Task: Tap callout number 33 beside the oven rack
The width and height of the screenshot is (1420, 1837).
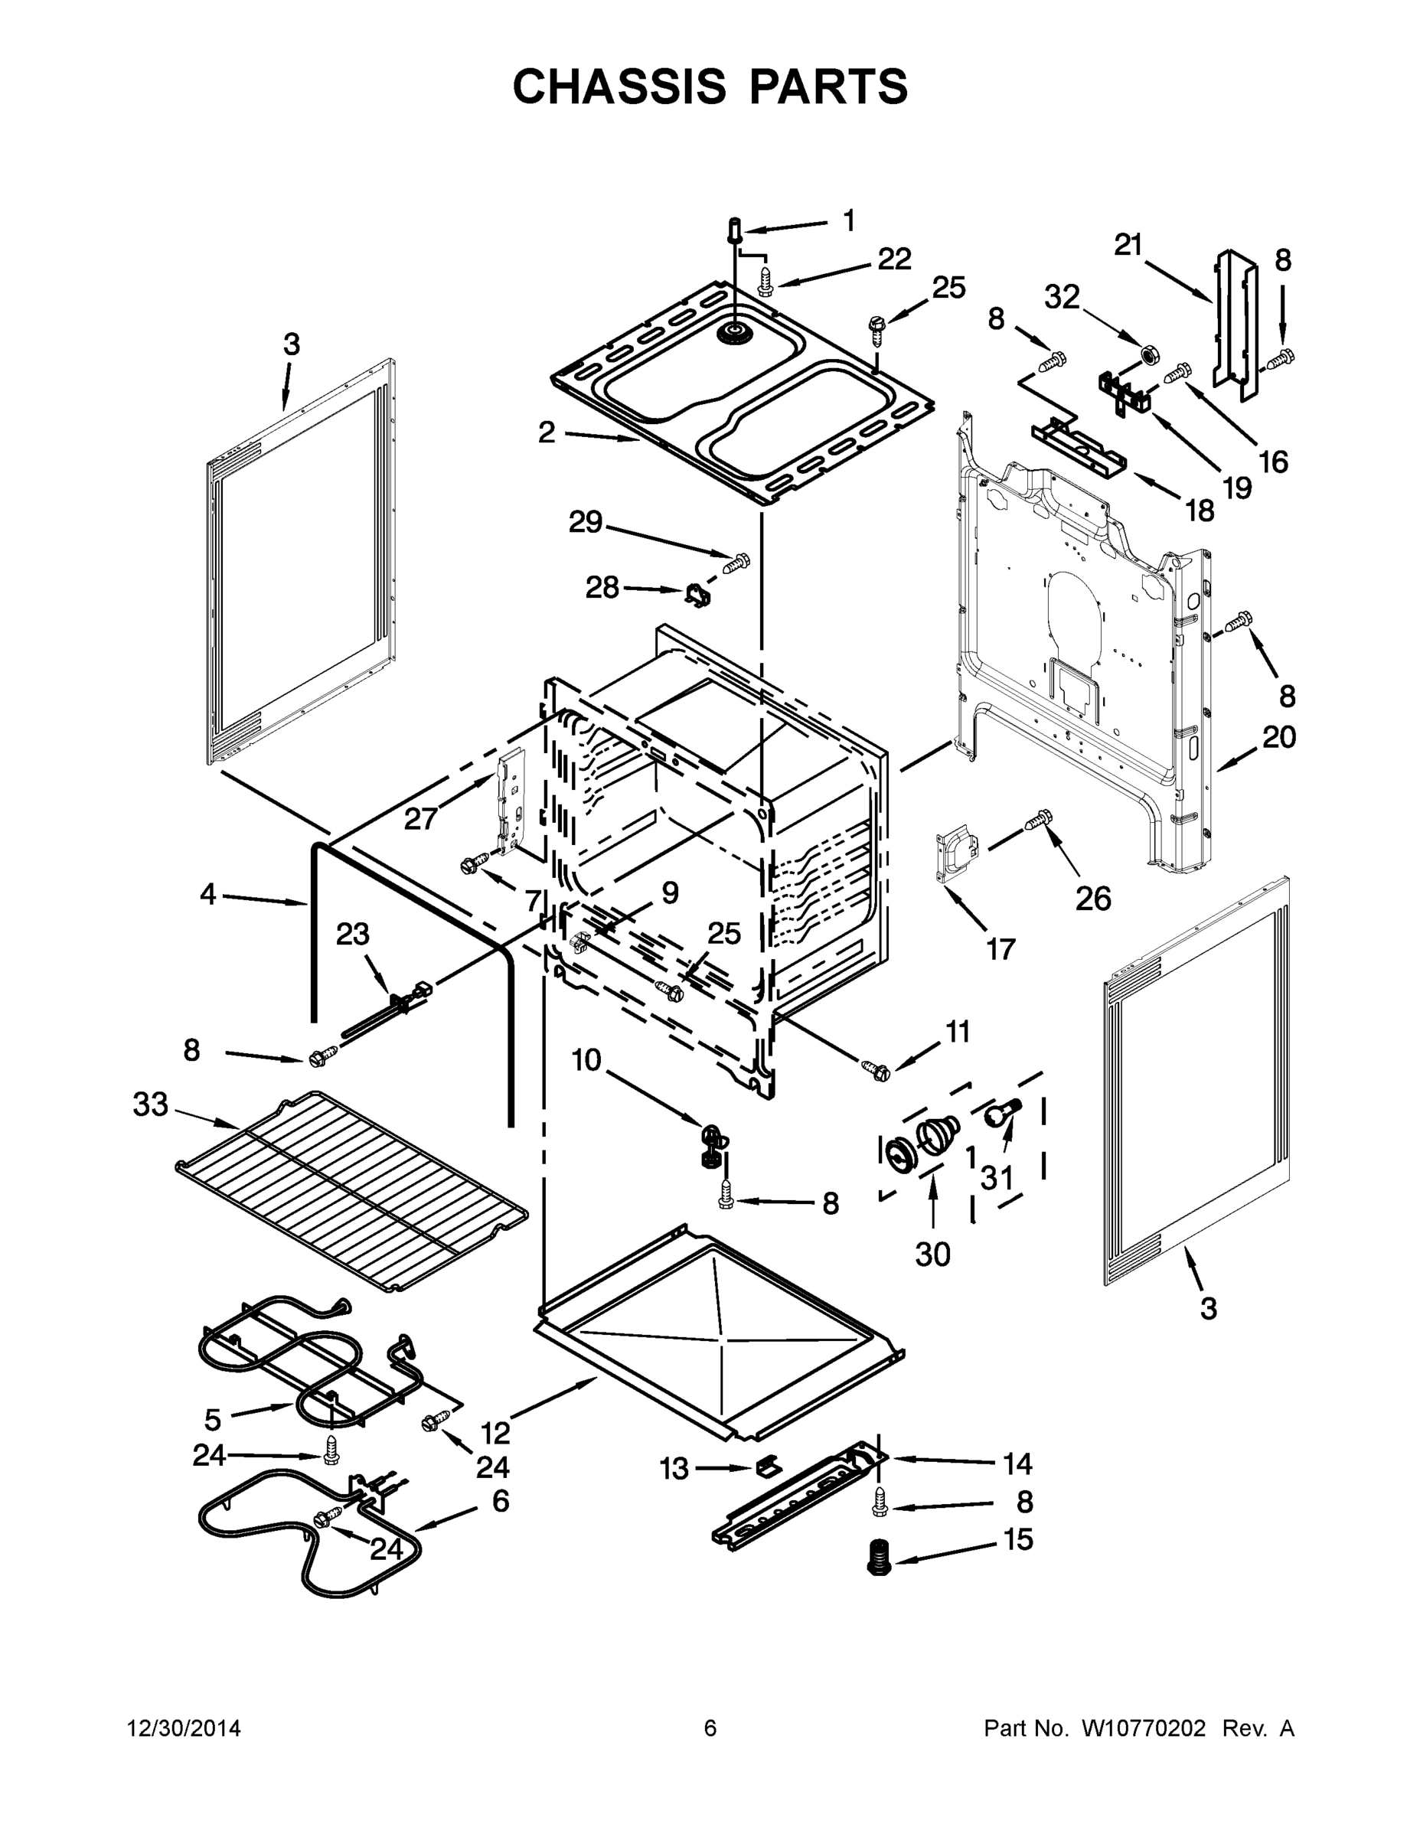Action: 151,1104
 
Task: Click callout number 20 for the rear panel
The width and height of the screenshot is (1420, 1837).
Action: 1278,737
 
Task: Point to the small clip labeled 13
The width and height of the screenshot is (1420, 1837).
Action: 765,1467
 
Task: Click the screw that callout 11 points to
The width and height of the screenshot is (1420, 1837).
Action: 876,1071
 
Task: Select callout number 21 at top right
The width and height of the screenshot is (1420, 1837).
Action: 1128,245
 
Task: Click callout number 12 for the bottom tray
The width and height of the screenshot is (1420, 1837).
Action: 496,1431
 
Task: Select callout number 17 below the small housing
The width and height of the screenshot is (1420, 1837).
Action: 1001,950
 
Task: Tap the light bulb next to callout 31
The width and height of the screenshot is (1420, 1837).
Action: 1001,1114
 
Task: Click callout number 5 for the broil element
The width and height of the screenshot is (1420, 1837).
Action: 213,1420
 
